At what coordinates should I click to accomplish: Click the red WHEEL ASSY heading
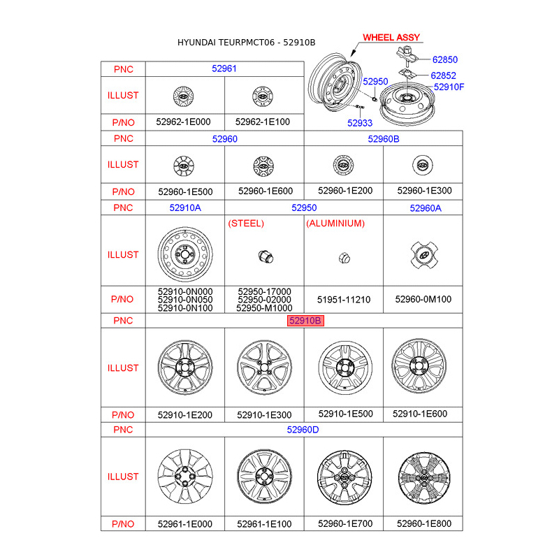pyautogui.click(x=390, y=38)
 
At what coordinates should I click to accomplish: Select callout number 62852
pyautogui.click(x=443, y=75)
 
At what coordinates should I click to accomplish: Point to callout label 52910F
pyautogui.click(x=449, y=87)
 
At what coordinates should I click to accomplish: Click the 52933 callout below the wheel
pyautogui.click(x=360, y=123)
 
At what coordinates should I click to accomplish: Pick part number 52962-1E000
pyautogui.click(x=183, y=122)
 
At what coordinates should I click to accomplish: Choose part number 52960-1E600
pyautogui.click(x=264, y=191)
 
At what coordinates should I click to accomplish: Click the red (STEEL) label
pyautogui.click(x=246, y=224)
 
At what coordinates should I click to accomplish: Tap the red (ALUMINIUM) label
pyautogui.click(x=335, y=224)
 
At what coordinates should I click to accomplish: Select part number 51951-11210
pyautogui.click(x=344, y=299)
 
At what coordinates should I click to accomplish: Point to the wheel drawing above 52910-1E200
pyautogui.click(x=184, y=368)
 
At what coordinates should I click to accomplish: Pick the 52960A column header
pyautogui.click(x=426, y=208)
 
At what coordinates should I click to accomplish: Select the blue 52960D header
pyautogui.click(x=303, y=430)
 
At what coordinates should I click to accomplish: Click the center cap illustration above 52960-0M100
pyautogui.click(x=423, y=254)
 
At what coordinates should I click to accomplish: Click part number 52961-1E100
pyautogui.click(x=264, y=523)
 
